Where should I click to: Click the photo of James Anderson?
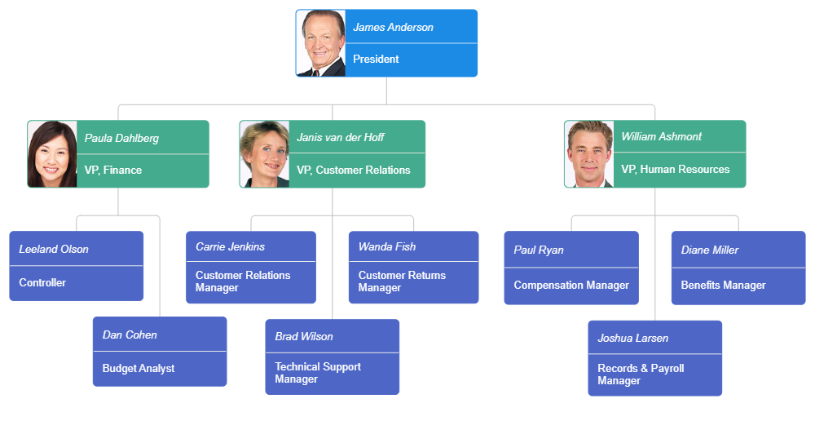tap(321, 43)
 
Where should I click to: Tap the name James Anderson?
tap(393, 27)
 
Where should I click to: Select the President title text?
tap(376, 59)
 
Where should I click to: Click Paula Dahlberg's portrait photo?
tap(53, 154)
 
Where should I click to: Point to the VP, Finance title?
tap(113, 170)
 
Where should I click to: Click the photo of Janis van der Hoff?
tap(265, 154)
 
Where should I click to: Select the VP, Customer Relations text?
tap(353, 170)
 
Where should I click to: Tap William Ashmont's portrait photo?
tap(589, 153)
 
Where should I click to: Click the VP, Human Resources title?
tap(675, 169)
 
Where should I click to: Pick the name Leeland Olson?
tap(54, 249)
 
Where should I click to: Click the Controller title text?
tap(42, 282)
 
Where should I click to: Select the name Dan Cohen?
tap(130, 335)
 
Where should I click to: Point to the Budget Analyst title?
tap(139, 368)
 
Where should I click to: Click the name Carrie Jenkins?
tap(230, 246)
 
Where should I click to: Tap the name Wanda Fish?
tap(387, 246)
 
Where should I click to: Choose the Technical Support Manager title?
tap(317, 373)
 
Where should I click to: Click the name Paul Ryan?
tap(539, 250)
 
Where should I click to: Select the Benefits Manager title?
tap(723, 285)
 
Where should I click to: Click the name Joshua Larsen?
tap(632, 338)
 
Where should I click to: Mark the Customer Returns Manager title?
tap(402, 281)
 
